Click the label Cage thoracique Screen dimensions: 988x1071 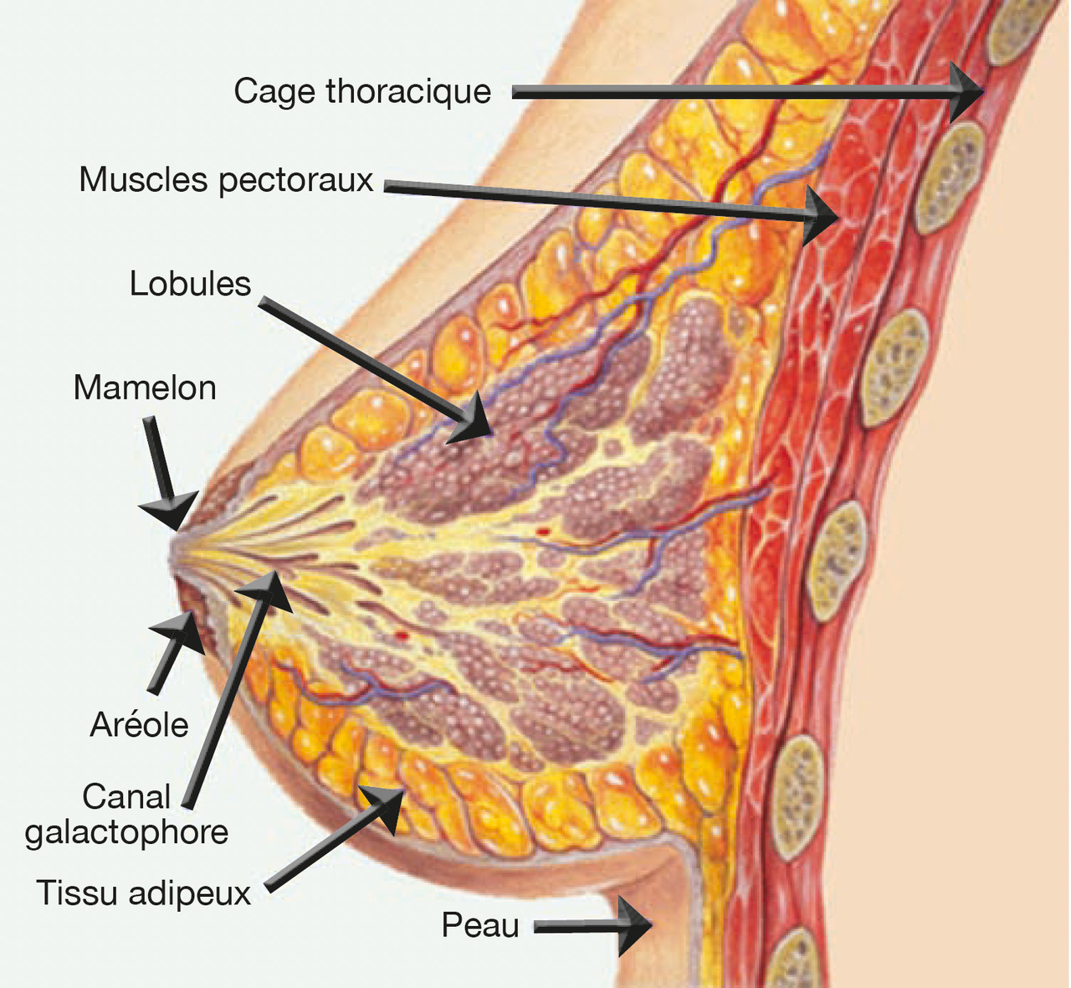tap(361, 91)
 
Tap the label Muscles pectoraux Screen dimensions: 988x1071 tap(226, 180)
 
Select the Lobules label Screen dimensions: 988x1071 tap(190, 285)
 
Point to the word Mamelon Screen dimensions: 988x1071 tap(145, 389)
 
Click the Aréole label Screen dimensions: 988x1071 tap(139, 725)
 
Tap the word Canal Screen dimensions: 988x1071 tap(126, 796)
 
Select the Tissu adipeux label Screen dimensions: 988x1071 tap(143, 893)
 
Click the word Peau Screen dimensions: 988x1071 tap(480, 926)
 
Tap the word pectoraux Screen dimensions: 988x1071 tap(296, 180)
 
